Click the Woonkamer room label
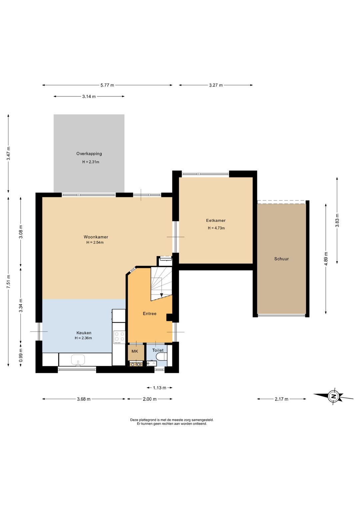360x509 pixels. [96, 237]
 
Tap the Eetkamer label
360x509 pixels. [216, 220]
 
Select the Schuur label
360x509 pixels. [281, 259]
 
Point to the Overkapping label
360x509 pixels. [89, 154]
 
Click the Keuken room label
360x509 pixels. [84, 333]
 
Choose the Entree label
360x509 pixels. [149, 314]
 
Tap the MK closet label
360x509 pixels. [135, 351]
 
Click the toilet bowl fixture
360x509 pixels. [163, 356]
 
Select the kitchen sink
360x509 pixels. [78, 360]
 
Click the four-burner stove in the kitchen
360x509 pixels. [119, 337]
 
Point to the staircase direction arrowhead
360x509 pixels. [161, 295]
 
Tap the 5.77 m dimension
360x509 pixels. [107, 85]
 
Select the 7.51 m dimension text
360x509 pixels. [8, 281]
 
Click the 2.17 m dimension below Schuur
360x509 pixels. [281, 399]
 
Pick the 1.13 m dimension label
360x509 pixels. [159, 388]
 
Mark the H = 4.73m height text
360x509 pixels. [216, 228]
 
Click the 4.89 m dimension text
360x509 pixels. [326, 259]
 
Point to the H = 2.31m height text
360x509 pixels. [91, 162]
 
